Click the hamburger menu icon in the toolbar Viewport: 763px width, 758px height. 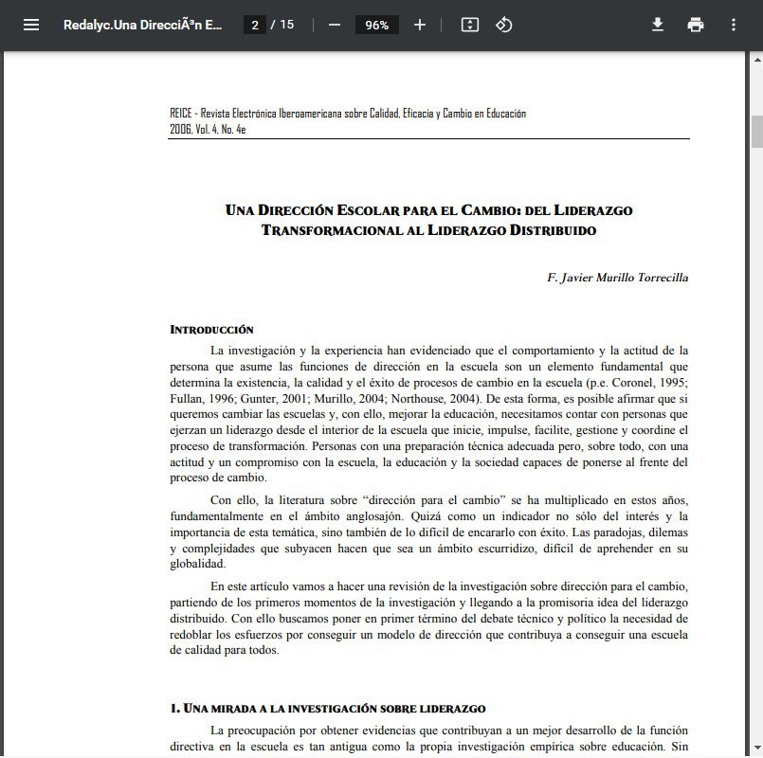31,25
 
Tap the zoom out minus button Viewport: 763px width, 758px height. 334,25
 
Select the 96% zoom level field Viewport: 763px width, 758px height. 376,25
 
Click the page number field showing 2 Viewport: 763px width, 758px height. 254,25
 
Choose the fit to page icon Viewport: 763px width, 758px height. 469,25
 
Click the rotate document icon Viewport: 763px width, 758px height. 504,25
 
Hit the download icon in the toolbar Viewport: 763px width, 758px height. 658,25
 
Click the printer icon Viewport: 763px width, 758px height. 696,25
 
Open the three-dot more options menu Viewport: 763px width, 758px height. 733,25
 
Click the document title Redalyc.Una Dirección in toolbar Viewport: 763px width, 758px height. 143,25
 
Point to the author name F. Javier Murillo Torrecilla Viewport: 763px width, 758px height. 618,278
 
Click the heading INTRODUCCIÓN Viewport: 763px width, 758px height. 211,330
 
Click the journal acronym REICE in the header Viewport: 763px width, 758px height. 180,114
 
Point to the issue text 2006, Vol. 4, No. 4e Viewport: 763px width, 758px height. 208,130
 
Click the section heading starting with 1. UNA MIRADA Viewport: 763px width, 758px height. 328,708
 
